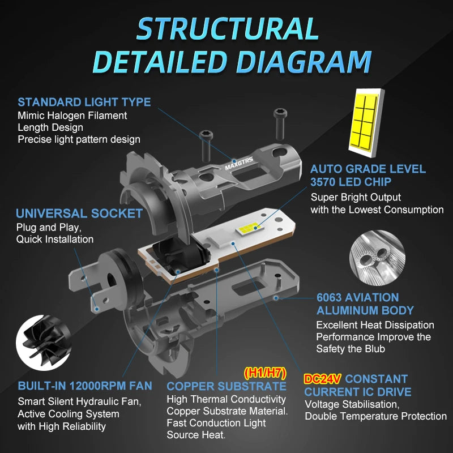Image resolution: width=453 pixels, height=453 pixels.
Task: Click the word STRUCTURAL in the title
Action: (x=228, y=28)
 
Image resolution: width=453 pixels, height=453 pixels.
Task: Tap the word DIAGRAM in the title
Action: (x=304, y=62)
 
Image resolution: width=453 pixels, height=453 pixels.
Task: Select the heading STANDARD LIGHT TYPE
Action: (x=84, y=102)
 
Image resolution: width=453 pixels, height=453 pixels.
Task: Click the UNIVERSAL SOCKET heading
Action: (x=79, y=213)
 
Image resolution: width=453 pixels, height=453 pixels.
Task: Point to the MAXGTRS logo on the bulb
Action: (x=239, y=163)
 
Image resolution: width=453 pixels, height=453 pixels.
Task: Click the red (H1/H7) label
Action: (x=265, y=373)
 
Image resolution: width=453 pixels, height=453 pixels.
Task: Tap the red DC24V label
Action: (x=322, y=379)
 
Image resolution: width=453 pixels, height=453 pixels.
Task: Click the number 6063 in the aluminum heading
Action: (x=328, y=298)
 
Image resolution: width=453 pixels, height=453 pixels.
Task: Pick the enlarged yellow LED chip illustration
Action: (x=366, y=123)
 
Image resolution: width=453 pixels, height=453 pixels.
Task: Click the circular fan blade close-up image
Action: (x=44, y=343)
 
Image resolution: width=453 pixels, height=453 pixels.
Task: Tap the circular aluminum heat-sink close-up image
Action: (x=377, y=258)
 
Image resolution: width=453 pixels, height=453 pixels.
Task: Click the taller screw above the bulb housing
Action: (x=279, y=123)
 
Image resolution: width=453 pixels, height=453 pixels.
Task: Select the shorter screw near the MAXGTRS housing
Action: (x=206, y=146)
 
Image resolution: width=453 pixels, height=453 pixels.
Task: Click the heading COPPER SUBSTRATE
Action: (x=226, y=386)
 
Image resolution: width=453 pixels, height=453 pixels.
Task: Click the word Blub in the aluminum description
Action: (x=375, y=349)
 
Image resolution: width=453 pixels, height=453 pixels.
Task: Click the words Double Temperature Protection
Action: (x=375, y=416)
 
